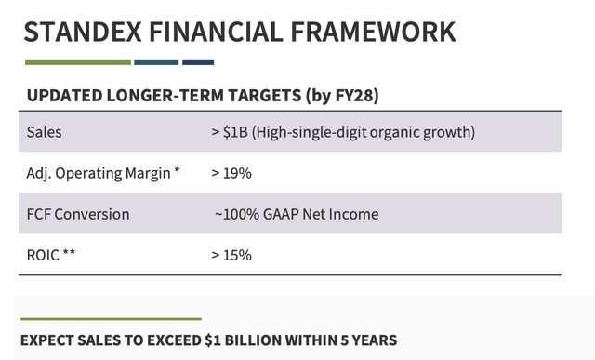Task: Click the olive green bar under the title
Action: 77,62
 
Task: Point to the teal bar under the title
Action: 156,62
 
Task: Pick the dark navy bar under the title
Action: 198,62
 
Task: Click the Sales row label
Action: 45,132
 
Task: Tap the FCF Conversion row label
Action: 79,214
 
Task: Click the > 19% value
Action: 231,173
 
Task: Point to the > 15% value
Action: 231,255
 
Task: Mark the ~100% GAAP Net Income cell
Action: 297,214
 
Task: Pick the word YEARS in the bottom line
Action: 374,340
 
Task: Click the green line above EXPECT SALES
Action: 112,319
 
